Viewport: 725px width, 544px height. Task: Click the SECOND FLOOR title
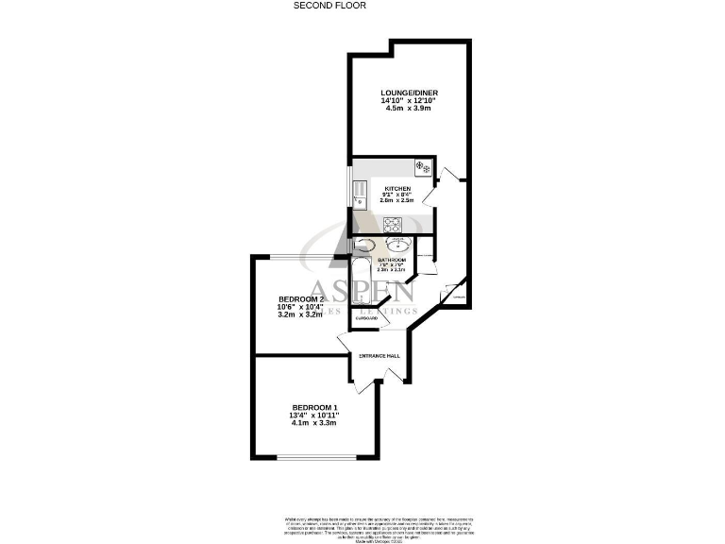point(329,5)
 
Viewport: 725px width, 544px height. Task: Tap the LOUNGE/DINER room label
point(409,93)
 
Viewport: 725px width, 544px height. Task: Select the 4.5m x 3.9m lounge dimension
point(409,109)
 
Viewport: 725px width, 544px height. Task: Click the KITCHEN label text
point(396,189)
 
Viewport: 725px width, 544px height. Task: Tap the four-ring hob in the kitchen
point(392,224)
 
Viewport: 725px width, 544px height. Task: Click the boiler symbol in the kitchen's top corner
point(423,168)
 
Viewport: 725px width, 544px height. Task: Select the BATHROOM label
point(392,260)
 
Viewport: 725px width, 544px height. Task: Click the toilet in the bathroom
point(364,245)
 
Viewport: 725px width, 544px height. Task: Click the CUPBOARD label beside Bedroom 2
point(365,318)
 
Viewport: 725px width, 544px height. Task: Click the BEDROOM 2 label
point(301,298)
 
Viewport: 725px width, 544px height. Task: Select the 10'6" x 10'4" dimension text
point(301,307)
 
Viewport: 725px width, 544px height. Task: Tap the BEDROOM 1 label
point(314,407)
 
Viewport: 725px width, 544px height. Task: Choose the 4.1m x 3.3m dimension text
point(314,423)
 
